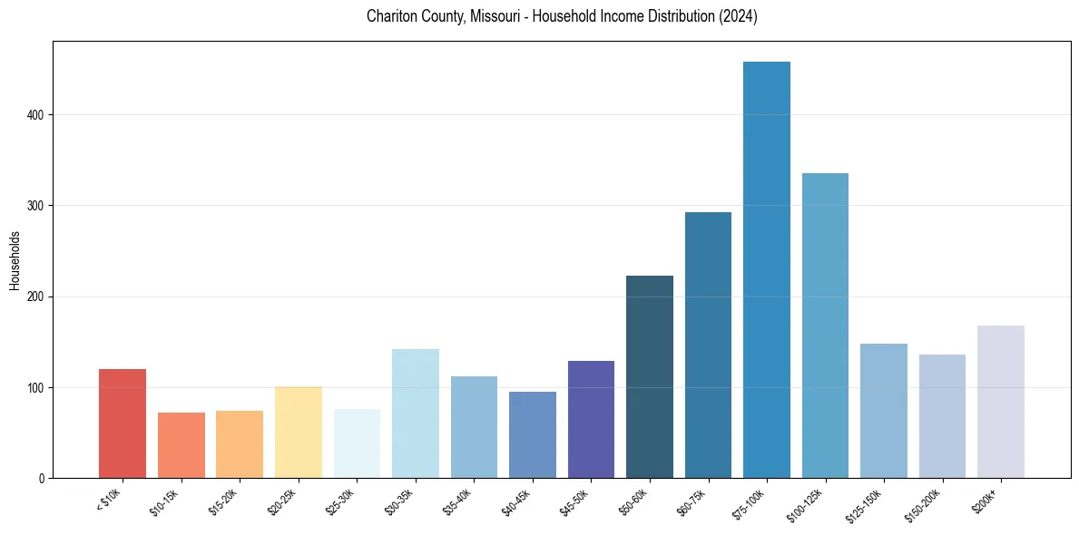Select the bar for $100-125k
(x=825, y=326)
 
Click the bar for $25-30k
(x=357, y=443)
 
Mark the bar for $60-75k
(x=708, y=345)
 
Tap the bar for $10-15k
(x=181, y=445)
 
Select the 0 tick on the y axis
(x=42, y=479)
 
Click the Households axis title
(x=15, y=260)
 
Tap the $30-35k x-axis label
(x=399, y=501)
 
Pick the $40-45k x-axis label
(x=516, y=501)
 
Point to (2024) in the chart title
(x=740, y=16)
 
